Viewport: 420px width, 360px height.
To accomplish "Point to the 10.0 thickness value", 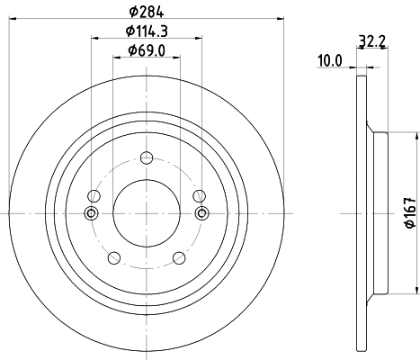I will click(330, 60).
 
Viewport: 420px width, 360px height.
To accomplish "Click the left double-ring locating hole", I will click(91, 212).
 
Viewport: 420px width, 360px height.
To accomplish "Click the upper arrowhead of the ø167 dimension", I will click(416, 137).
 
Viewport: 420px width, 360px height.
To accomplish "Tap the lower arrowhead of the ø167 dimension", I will click(416, 289).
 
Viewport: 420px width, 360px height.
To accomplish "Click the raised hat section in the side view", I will click(379, 212).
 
